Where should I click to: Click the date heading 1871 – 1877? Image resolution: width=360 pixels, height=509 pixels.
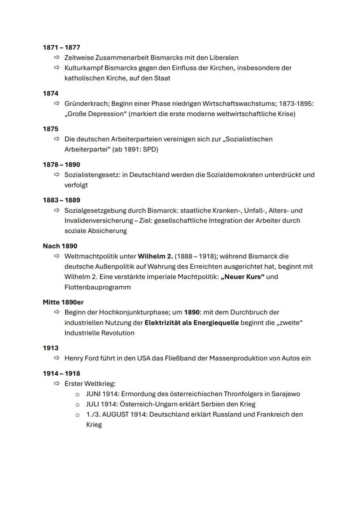pyautogui.click(x=61, y=47)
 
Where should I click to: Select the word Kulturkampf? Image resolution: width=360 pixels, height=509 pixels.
pyautogui.click(x=83, y=68)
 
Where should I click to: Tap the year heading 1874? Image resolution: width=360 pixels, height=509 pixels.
pyautogui.click(x=50, y=93)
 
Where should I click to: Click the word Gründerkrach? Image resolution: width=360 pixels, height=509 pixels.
pyautogui.click(x=87, y=104)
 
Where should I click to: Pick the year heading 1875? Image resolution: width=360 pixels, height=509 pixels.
pyautogui.click(x=50, y=129)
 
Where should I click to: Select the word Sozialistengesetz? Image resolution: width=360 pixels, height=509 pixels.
pyautogui.click(x=92, y=175)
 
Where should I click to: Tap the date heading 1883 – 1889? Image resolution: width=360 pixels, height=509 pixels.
pyautogui.click(x=61, y=200)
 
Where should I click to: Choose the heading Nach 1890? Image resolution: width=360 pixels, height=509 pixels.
pyautogui.click(x=60, y=246)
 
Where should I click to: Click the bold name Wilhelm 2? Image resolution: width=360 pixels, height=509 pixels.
pyautogui.click(x=155, y=256)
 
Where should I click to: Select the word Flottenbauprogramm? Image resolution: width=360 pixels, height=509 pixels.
pyautogui.click(x=97, y=287)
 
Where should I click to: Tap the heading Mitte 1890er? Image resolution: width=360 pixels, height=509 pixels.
pyautogui.click(x=63, y=302)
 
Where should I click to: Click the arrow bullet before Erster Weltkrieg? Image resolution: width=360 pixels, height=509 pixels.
pyautogui.click(x=56, y=384)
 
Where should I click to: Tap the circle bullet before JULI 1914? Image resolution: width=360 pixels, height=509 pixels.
pyautogui.click(x=77, y=404)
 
